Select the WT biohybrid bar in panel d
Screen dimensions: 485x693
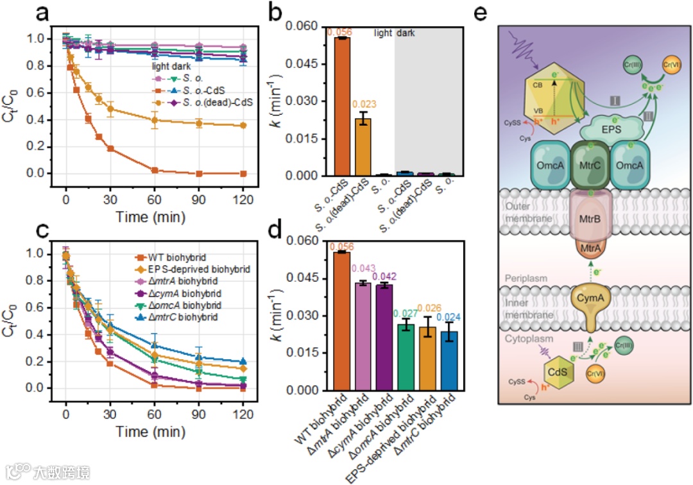point(342,321)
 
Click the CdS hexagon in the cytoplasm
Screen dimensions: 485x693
point(556,371)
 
